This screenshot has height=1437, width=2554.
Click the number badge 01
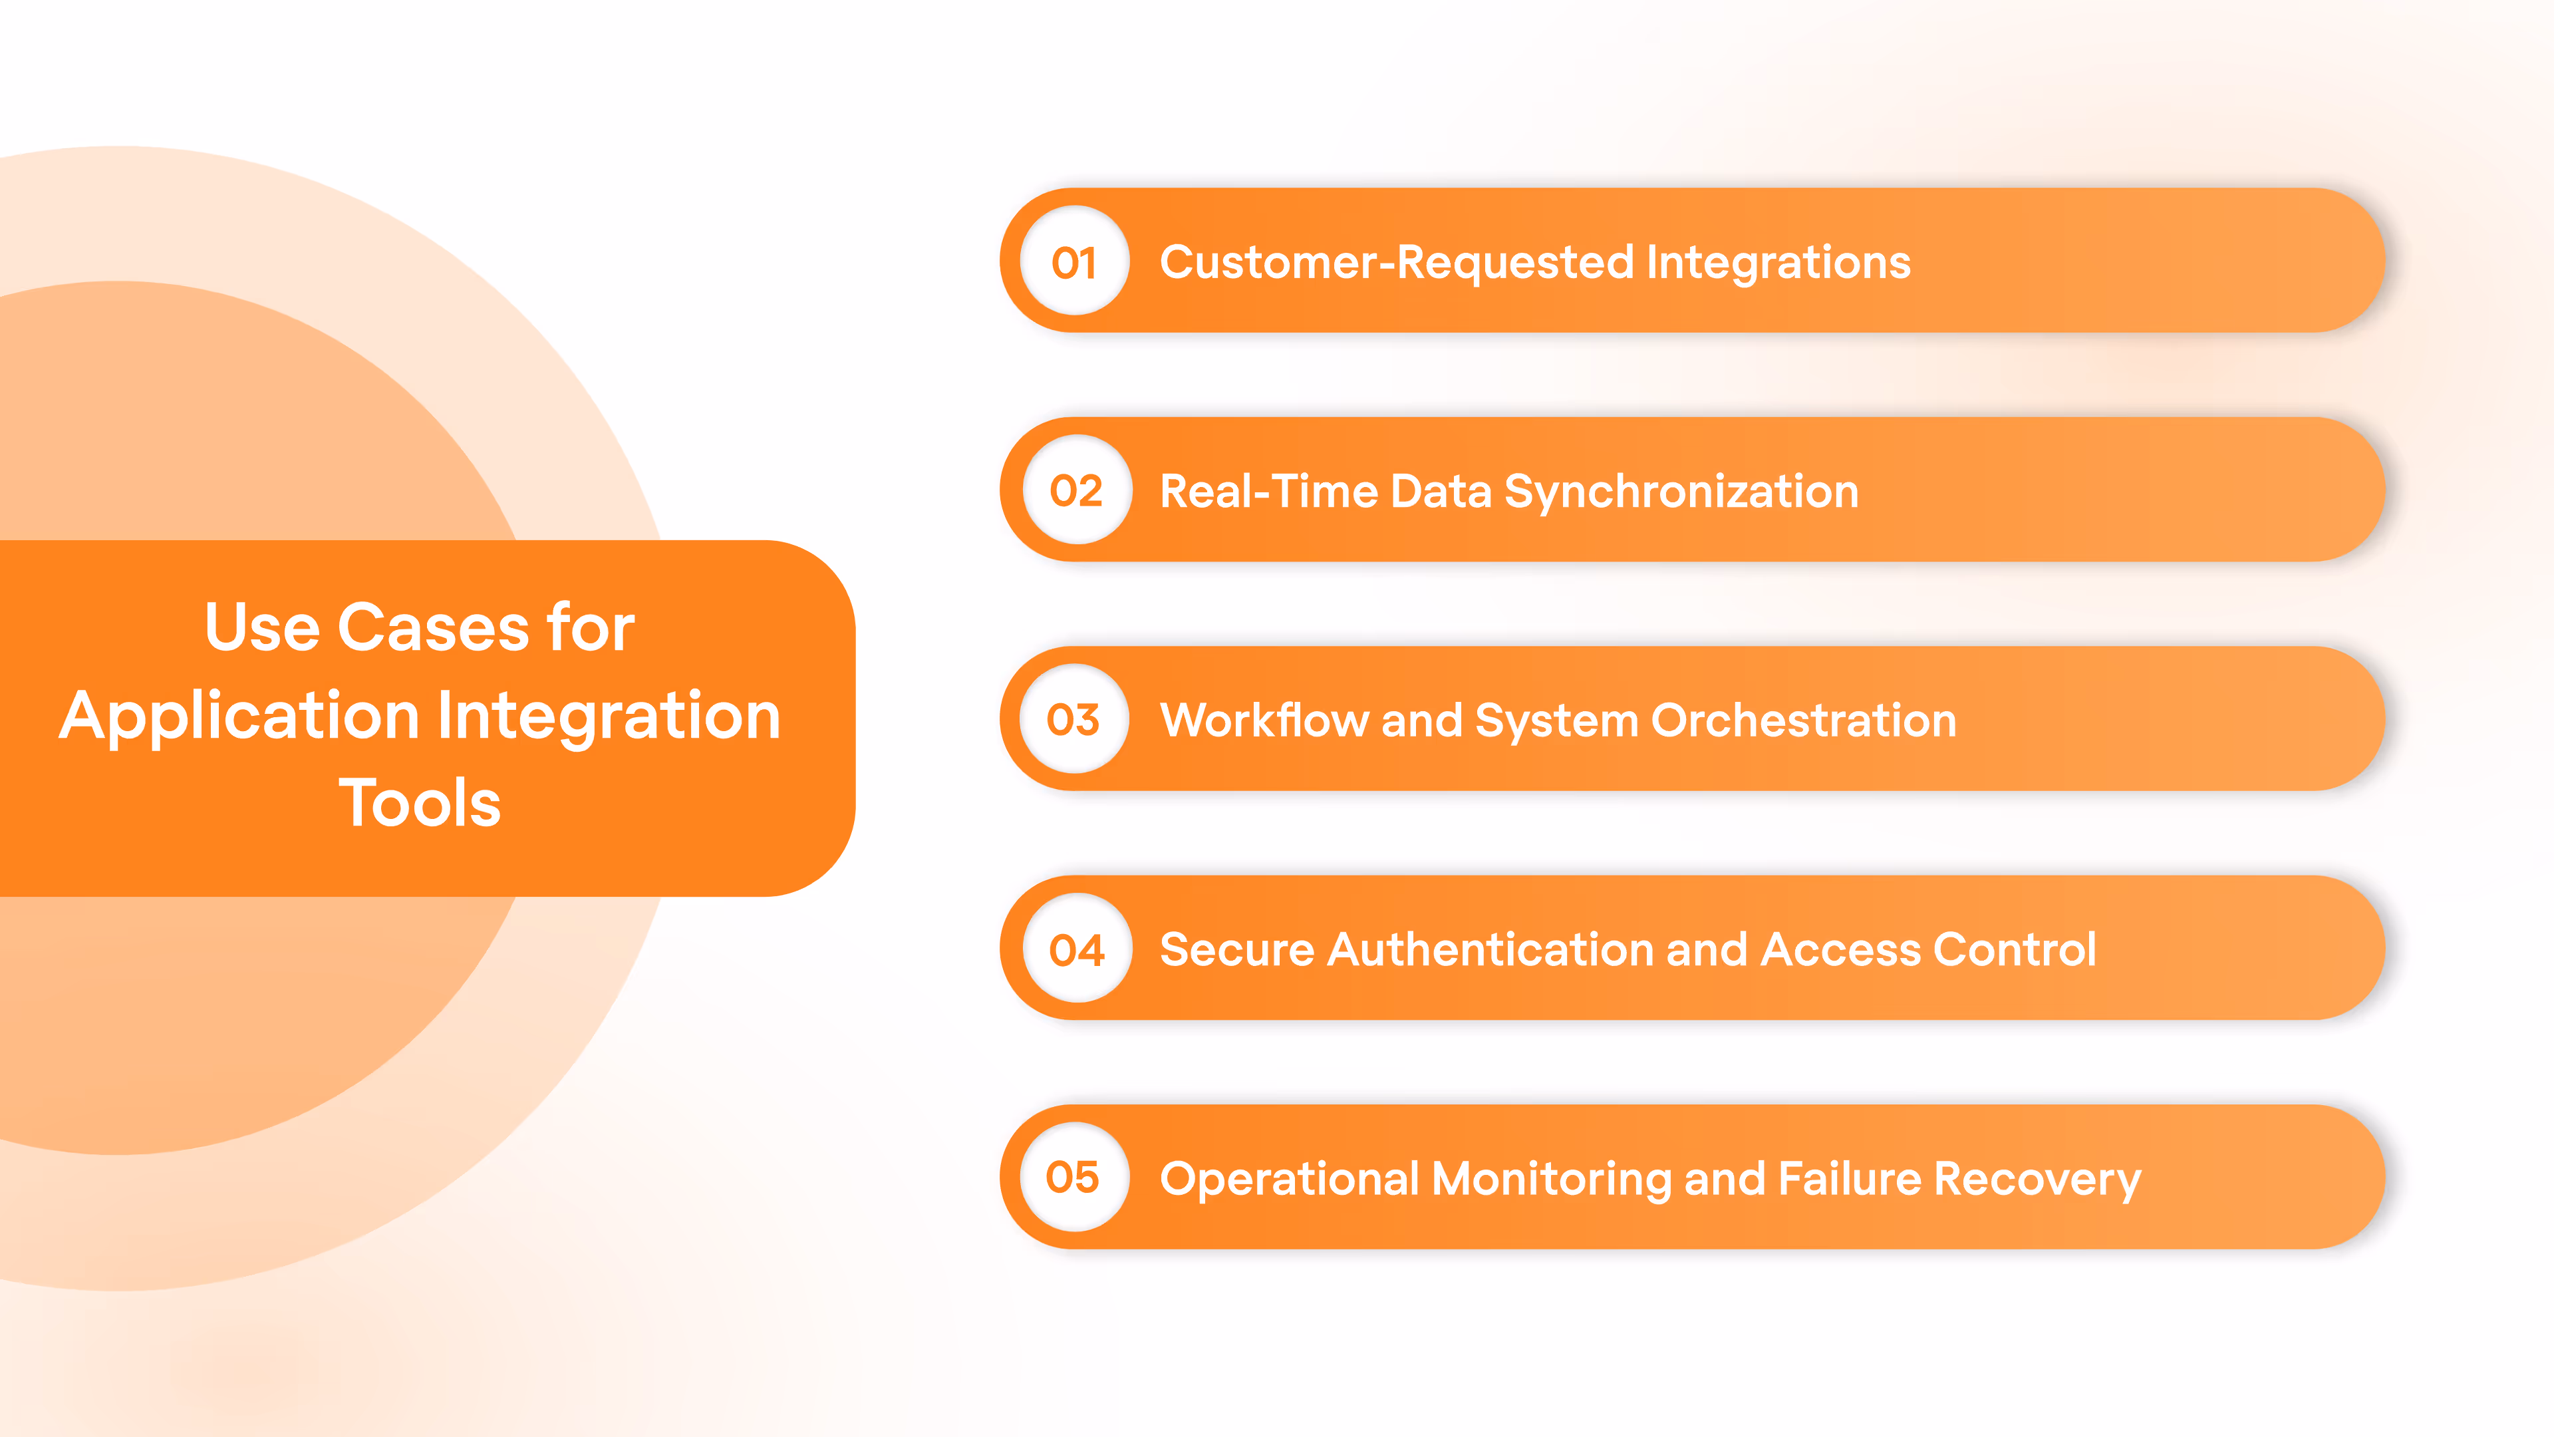coord(1075,262)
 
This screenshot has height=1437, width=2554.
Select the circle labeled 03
coord(1073,719)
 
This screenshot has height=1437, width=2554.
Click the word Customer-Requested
coord(1396,262)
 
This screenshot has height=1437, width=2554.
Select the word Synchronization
coord(1681,492)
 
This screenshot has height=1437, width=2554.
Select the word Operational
coord(1290,1179)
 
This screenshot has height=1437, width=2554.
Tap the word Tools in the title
coord(420,802)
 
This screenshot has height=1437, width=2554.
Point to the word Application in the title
coord(239,716)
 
